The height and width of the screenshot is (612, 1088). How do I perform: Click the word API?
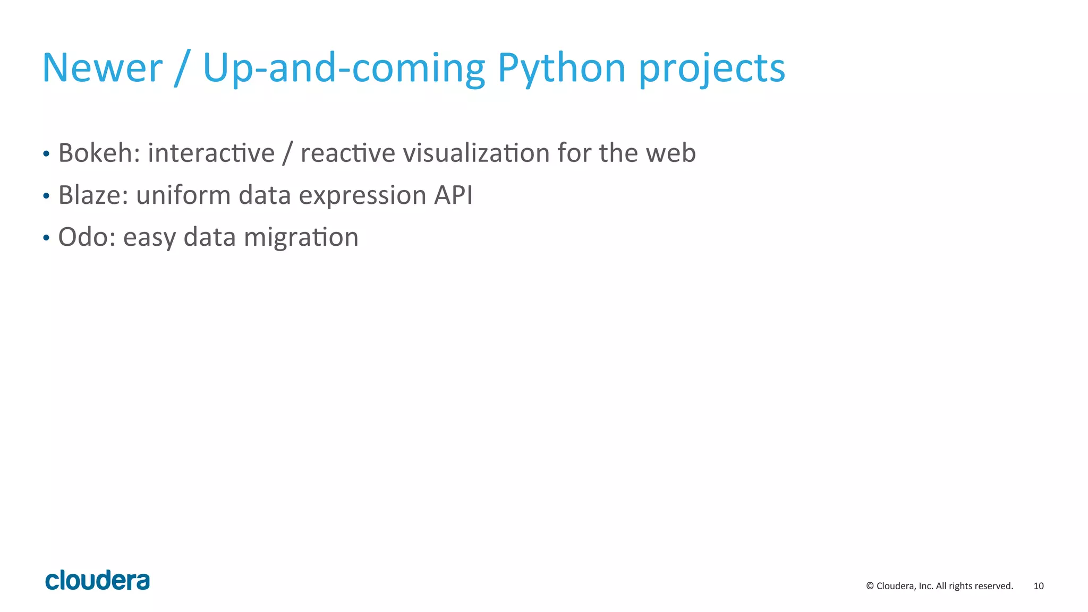tap(453, 195)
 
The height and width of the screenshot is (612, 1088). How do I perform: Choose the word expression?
tap(362, 196)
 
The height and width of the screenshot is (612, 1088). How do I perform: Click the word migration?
tap(301, 238)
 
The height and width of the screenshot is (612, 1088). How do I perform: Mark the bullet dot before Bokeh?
tap(46, 154)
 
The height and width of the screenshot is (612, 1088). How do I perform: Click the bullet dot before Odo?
tap(46, 238)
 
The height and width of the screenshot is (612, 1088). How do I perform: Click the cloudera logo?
tap(98, 580)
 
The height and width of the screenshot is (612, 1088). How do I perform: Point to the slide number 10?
tap(1038, 586)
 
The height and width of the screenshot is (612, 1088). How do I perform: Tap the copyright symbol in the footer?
tap(870, 586)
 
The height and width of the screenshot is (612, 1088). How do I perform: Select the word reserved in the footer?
tap(994, 586)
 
